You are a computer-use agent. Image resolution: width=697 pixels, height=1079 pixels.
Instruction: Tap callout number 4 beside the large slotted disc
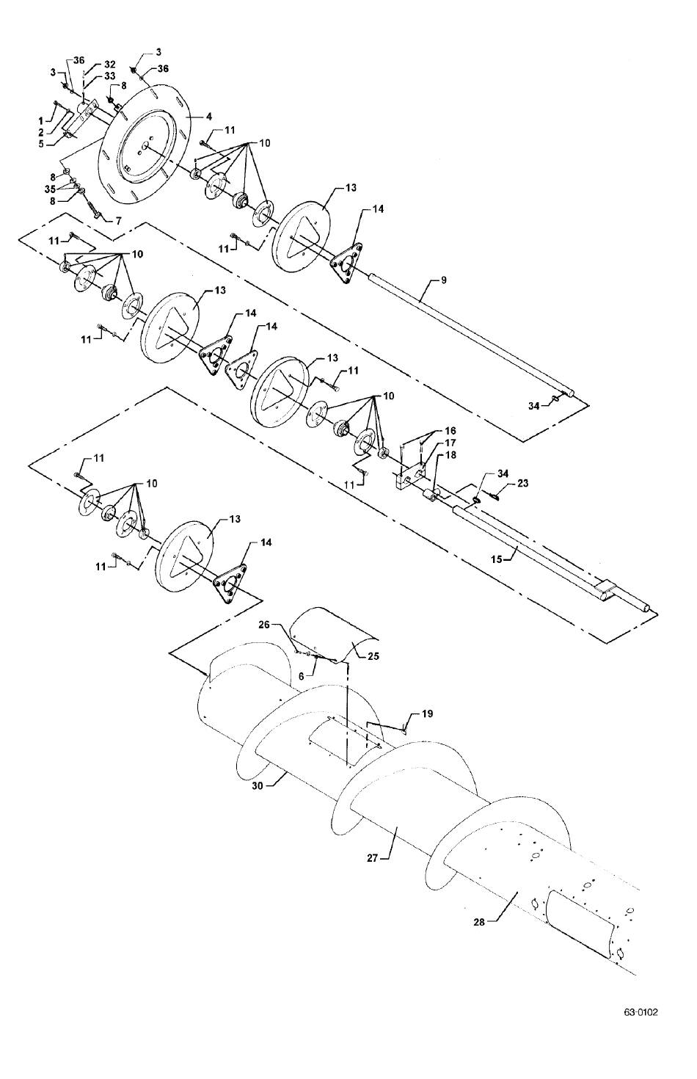point(210,117)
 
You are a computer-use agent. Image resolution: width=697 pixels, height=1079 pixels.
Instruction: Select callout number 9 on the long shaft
point(444,280)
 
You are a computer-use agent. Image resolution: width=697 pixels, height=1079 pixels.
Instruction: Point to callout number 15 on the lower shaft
point(496,559)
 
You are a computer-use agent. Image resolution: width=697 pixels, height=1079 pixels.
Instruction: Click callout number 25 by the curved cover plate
point(373,656)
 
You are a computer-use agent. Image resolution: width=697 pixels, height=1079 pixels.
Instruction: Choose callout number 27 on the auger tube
point(373,858)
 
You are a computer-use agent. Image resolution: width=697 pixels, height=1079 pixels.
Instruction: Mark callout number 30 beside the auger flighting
point(258,785)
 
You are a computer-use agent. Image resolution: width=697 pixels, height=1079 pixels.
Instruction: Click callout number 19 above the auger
point(428,713)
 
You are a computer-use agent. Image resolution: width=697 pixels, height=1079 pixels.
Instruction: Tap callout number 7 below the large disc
point(118,221)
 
